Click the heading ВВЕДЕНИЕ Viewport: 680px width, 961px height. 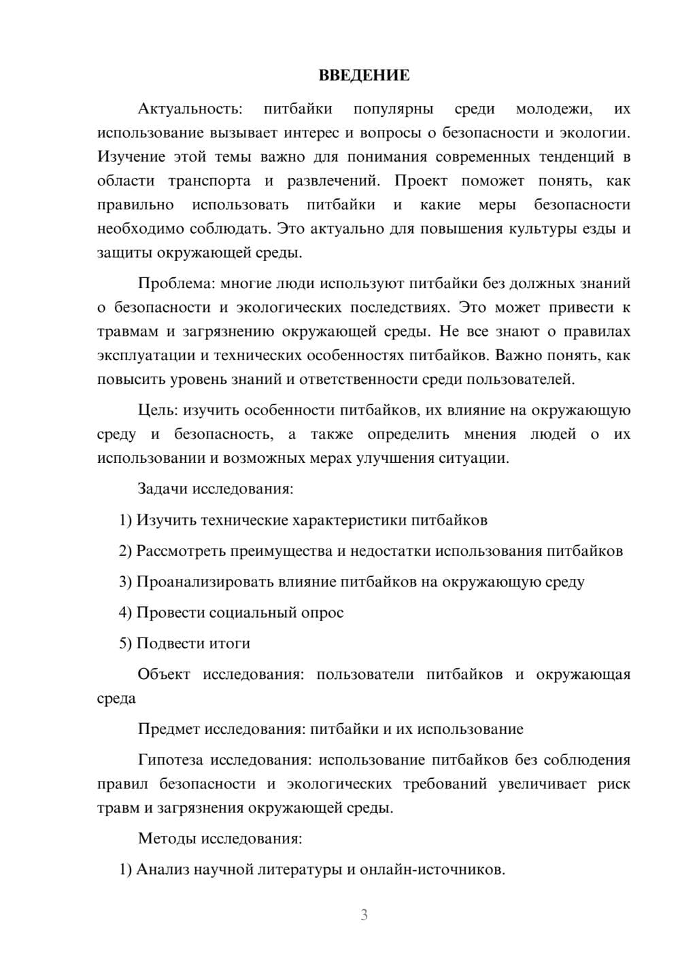pyautogui.click(x=364, y=75)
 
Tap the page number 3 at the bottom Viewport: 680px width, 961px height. pyautogui.click(x=364, y=915)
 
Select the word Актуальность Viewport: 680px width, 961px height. pyautogui.click(x=189, y=109)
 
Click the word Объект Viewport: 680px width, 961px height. pyautogui.click(x=164, y=674)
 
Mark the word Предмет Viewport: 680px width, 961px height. pyautogui.click(x=169, y=729)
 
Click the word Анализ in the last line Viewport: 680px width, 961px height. pyautogui.click(x=163, y=869)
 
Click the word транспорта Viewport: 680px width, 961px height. pyautogui.click(x=209, y=181)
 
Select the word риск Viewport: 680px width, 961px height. pyautogui.click(x=614, y=784)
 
